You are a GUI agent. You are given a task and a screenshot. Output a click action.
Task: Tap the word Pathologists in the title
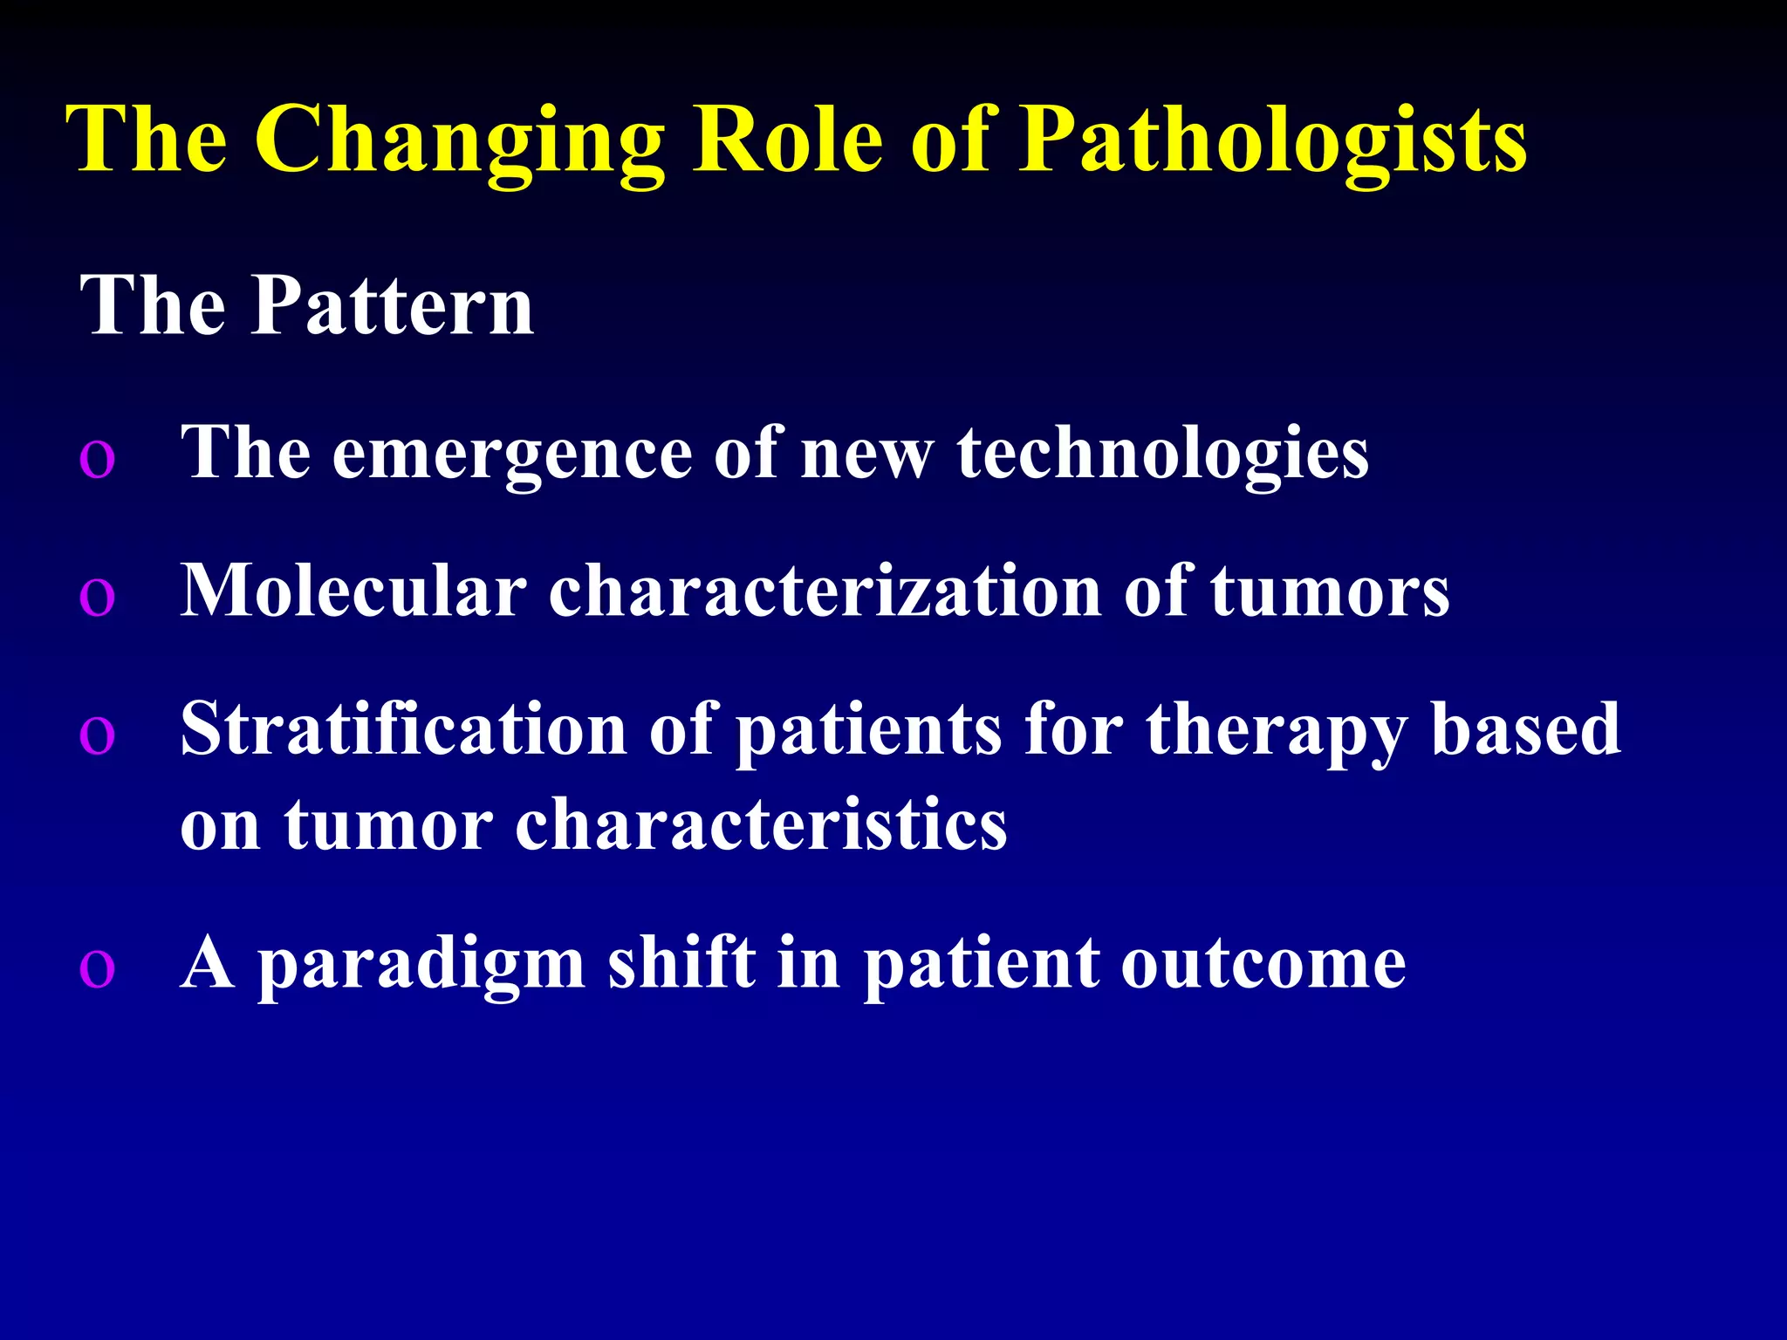[1273, 142]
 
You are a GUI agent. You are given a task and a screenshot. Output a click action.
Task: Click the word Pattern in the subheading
[392, 305]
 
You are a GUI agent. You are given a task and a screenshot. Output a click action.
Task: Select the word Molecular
[353, 591]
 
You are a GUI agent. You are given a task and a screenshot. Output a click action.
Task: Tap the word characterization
[825, 591]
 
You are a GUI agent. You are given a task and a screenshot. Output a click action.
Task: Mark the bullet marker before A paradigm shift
[97, 969]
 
